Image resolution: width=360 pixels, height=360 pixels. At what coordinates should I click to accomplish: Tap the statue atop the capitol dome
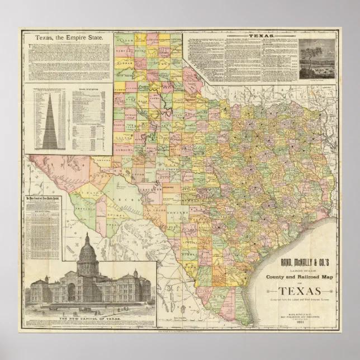point(87,236)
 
